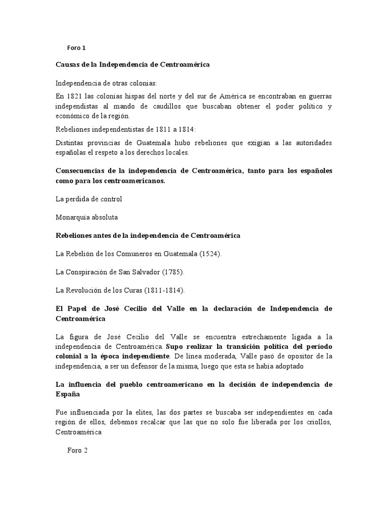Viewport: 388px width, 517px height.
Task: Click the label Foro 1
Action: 77,48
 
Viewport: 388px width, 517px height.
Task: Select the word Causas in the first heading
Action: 68,65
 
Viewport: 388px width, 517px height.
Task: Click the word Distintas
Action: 70,143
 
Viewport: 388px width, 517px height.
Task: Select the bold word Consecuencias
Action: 82,171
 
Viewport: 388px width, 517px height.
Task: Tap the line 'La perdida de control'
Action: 89,199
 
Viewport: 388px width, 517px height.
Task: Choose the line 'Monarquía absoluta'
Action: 86,217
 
